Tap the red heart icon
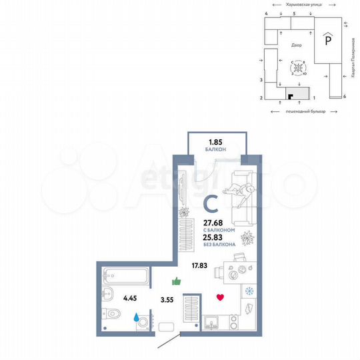(220, 297)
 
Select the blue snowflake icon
(250, 291)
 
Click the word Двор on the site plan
(297, 45)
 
